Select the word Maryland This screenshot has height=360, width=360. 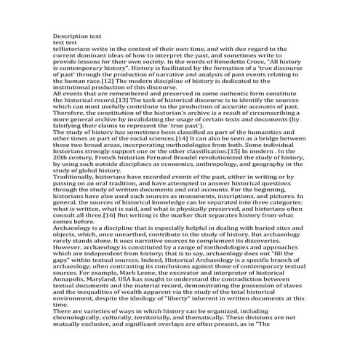click(x=112, y=292)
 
